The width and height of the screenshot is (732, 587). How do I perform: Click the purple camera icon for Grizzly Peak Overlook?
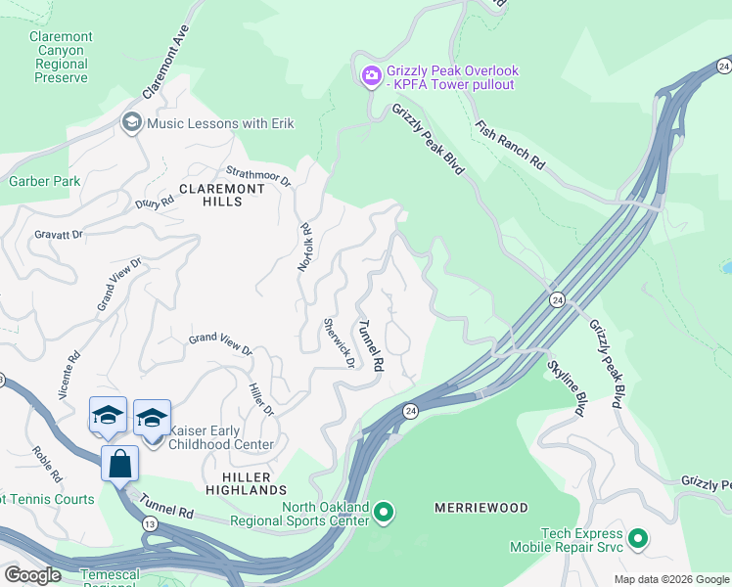pyautogui.click(x=371, y=76)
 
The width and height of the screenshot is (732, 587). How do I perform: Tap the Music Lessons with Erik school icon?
pyautogui.click(x=130, y=122)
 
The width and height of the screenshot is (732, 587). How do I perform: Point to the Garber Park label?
pyautogui.click(x=44, y=181)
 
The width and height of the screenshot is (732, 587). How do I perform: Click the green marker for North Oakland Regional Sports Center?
pyautogui.click(x=385, y=512)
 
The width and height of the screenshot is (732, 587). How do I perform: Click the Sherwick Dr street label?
pyautogui.click(x=338, y=342)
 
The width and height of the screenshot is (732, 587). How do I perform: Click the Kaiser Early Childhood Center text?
pyautogui.click(x=222, y=437)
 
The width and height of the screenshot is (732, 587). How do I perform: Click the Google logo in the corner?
pyautogui.click(x=32, y=575)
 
